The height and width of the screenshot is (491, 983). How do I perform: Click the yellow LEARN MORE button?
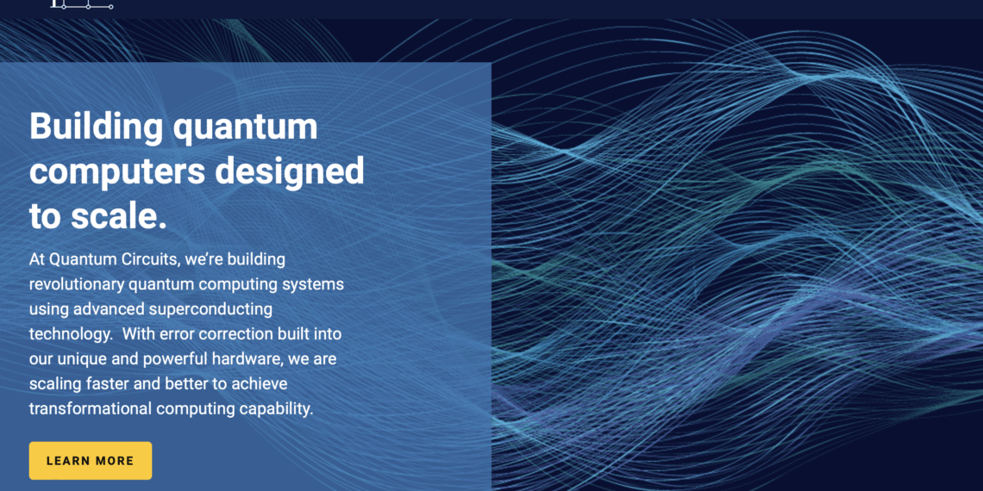(x=91, y=461)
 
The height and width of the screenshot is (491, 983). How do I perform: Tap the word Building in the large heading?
(x=96, y=127)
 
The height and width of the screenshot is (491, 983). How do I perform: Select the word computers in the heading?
(x=117, y=171)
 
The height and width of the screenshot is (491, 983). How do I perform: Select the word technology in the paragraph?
(x=70, y=334)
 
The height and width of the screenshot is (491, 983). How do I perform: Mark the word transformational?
(x=91, y=409)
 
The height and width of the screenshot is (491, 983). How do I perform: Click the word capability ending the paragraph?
(x=277, y=409)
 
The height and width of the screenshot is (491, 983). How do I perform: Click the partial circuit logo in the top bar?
(x=82, y=5)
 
